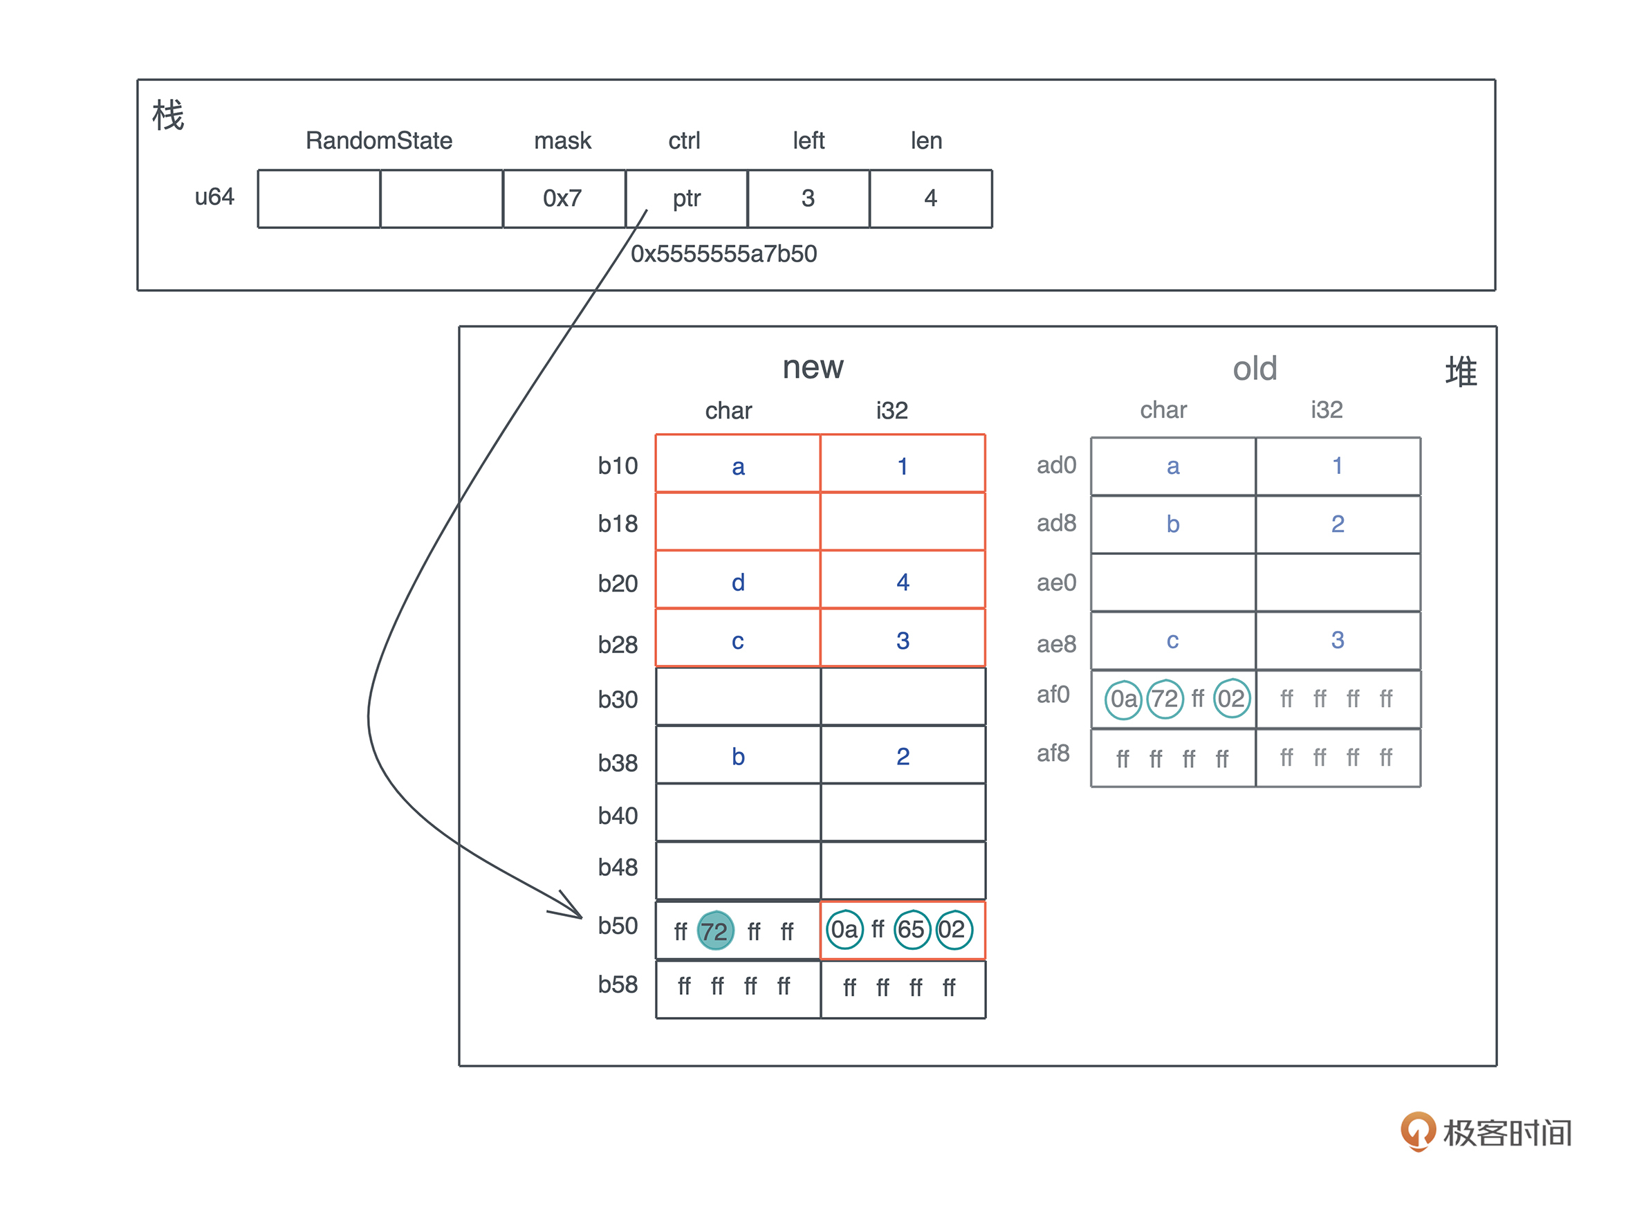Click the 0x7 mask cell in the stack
click(x=563, y=199)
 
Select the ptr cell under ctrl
click(x=686, y=199)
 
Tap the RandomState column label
click(x=378, y=140)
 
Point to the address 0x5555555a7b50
click(x=723, y=254)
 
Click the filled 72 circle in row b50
click(x=714, y=931)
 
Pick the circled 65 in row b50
click(x=912, y=930)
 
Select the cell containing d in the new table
click(x=737, y=583)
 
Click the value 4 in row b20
click(x=903, y=583)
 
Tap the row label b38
click(x=617, y=762)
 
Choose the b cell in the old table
click(x=1172, y=524)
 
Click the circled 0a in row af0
click(x=1123, y=699)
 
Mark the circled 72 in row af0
click(x=1165, y=699)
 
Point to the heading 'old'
click(x=1255, y=369)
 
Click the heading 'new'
click(x=813, y=367)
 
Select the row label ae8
click(x=1056, y=644)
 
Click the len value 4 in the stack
click(x=930, y=199)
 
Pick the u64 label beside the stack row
click(x=214, y=197)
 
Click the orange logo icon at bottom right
click(x=1416, y=1130)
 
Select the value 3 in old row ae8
click(x=1337, y=640)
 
